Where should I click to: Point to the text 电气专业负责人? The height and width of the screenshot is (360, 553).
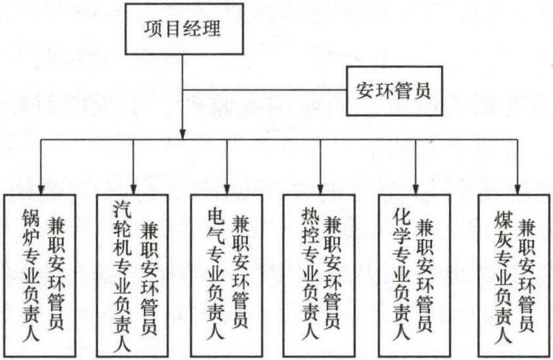click(x=216, y=274)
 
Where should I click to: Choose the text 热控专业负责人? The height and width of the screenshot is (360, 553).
click(x=309, y=274)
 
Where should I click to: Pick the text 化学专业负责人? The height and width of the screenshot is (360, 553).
click(x=402, y=274)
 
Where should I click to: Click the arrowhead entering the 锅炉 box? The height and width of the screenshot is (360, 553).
click(x=41, y=189)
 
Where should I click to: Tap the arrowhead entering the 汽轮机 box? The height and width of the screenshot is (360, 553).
click(x=133, y=189)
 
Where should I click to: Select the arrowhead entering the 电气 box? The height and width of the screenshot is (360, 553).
click(x=227, y=189)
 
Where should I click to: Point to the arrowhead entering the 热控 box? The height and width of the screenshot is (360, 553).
click(x=320, y=189)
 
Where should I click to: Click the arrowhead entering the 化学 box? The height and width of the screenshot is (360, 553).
click(x=416, y=189)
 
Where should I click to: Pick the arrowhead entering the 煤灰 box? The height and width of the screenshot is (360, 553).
click(x=518, y=189)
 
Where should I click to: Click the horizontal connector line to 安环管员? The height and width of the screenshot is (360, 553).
click(x=265, y=90)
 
